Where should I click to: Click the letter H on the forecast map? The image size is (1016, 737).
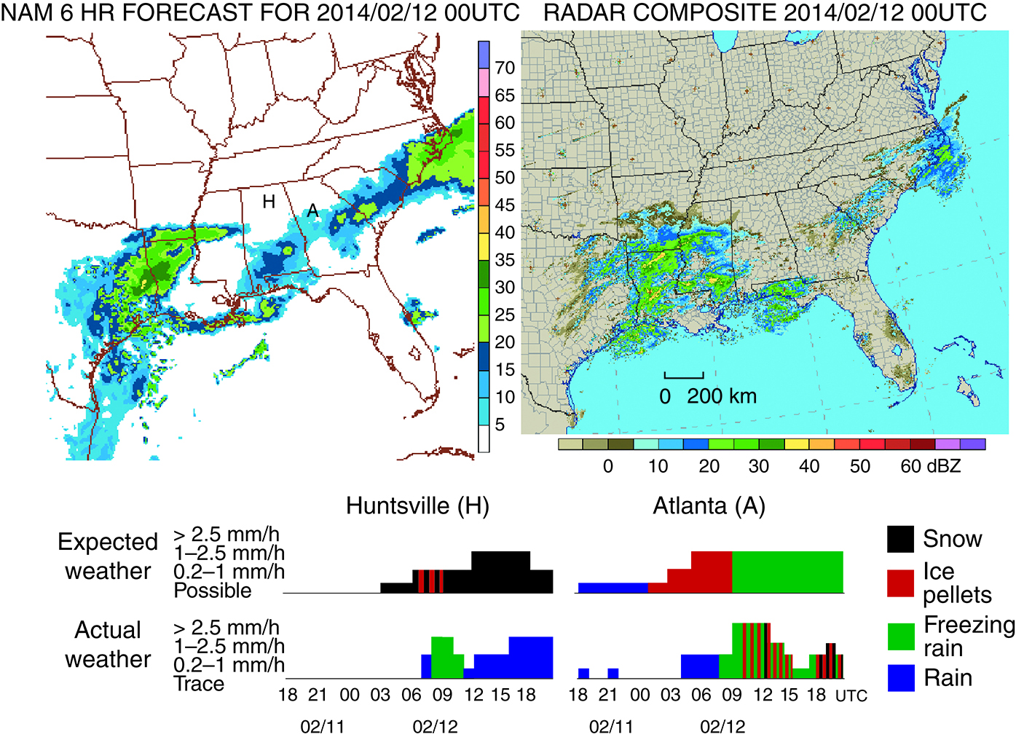269,202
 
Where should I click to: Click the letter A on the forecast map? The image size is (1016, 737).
312,211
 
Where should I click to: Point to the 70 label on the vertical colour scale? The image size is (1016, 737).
505,68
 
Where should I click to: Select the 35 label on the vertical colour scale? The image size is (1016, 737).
505,260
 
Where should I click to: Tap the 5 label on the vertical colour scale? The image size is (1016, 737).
500,425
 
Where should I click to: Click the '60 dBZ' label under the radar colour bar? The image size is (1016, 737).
930,466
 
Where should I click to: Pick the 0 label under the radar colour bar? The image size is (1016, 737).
608,466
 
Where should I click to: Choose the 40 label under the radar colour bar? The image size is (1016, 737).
809,466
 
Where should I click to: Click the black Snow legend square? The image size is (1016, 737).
900,539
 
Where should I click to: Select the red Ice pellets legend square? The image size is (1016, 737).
900,583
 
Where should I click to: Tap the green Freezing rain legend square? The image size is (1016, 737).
900,636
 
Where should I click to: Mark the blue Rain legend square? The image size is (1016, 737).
900,678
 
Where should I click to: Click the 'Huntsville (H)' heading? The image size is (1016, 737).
417,505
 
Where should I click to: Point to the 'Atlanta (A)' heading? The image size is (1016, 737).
709,505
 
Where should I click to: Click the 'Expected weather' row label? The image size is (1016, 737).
108,556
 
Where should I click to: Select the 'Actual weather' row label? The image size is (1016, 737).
108,644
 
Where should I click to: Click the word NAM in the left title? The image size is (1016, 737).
28,13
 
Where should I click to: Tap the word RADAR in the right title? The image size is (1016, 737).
579,13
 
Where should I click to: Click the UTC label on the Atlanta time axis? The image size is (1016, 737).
851,696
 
